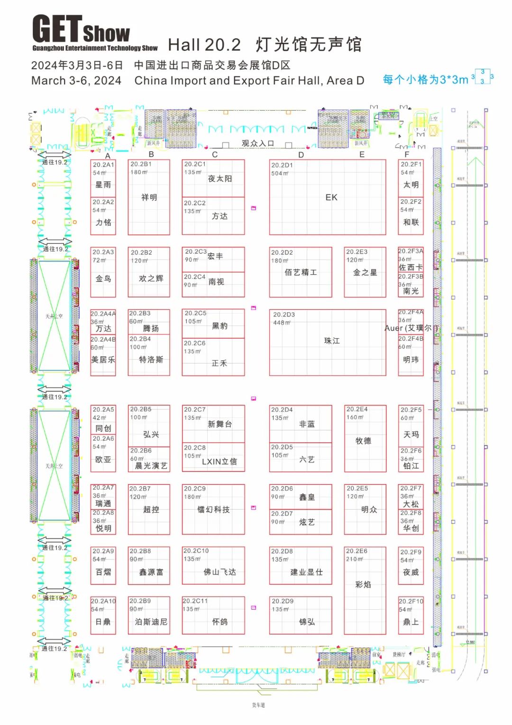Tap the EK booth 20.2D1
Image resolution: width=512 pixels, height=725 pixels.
coord(328,197)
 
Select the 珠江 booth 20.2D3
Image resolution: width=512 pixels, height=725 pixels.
coord(328,342)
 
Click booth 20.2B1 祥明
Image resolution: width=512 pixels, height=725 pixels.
coord(149,197)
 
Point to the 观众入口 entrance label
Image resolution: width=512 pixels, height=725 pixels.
coord(258,143)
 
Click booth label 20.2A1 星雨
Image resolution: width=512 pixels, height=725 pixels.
coord(103,178)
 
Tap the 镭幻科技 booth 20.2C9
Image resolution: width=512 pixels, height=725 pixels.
coord(213,509)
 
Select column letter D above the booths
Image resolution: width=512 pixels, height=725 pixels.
coord(301,155)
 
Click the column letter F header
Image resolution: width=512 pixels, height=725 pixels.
coord(407,154)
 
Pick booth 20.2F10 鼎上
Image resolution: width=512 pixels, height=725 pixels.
coord(411,615)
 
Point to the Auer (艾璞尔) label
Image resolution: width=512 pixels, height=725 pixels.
coord(411,328)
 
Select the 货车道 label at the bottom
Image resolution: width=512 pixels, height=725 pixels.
coord(258,705)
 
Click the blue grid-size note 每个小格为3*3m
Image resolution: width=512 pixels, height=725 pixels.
coord(425,80)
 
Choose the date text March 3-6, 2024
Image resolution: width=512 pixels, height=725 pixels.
coord(76,81)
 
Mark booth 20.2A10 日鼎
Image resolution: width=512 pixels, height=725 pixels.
coord(103,615)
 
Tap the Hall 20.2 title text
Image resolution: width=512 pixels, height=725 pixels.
coord(204,45)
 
